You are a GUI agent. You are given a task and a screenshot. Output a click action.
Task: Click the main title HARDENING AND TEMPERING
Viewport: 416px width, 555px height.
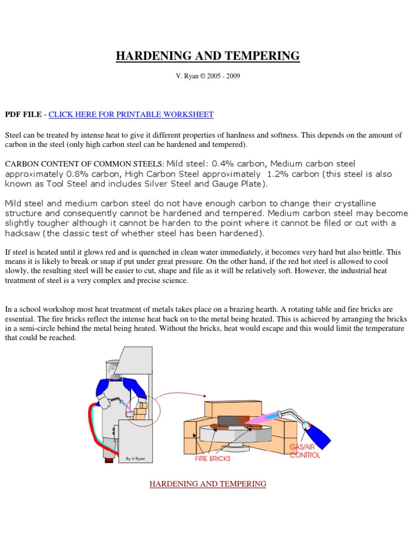coord(207,56)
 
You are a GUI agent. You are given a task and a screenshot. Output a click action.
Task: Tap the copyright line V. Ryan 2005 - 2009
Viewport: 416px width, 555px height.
coord(207,76)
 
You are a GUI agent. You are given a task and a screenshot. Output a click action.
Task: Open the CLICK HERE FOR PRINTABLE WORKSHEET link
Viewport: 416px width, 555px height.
coord(131,114)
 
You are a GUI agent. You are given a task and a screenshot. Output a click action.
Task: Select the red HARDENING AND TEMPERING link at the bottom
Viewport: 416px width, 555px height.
coord(207,483)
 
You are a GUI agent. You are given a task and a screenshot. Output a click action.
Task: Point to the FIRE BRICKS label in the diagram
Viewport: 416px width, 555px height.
coord(212,458)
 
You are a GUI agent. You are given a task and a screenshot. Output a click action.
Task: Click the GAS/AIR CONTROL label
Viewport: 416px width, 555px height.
coord(305,451)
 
